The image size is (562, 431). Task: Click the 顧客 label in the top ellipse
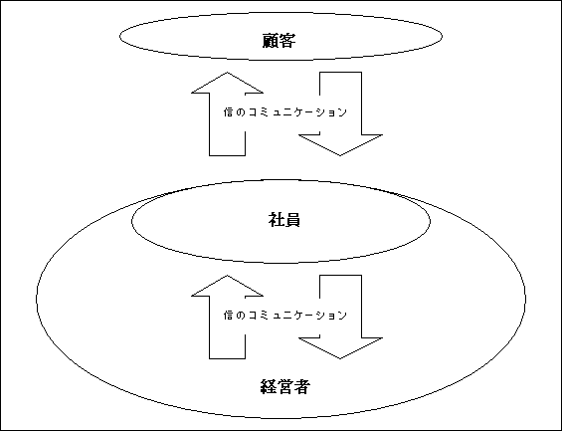[279, 41]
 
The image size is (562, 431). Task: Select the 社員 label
[284, 219]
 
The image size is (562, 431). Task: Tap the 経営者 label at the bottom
[284, 387]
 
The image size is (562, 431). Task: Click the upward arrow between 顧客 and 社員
[227, 114]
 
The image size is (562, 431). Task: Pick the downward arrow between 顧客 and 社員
[340, 114]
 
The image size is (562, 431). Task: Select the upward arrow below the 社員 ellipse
[227, 317]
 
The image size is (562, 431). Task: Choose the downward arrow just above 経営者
[340, 317]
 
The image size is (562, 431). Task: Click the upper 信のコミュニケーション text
[285, 112]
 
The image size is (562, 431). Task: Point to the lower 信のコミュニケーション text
[285, 316]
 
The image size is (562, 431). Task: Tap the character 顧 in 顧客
[271, 41]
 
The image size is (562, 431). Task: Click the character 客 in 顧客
[287, 41]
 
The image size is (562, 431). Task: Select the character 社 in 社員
[276, 219]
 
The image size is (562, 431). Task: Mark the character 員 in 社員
[292, 219]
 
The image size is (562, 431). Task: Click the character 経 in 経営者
[269, 387]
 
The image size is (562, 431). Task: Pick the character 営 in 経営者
[284, 387]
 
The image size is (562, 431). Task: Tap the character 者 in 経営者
[301, 387]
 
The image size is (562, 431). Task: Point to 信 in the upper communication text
[229, 112]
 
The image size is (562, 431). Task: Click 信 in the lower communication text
[229, 316]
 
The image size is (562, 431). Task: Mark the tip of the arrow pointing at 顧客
[227, 73]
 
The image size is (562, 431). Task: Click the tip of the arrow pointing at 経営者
[340, 358]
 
